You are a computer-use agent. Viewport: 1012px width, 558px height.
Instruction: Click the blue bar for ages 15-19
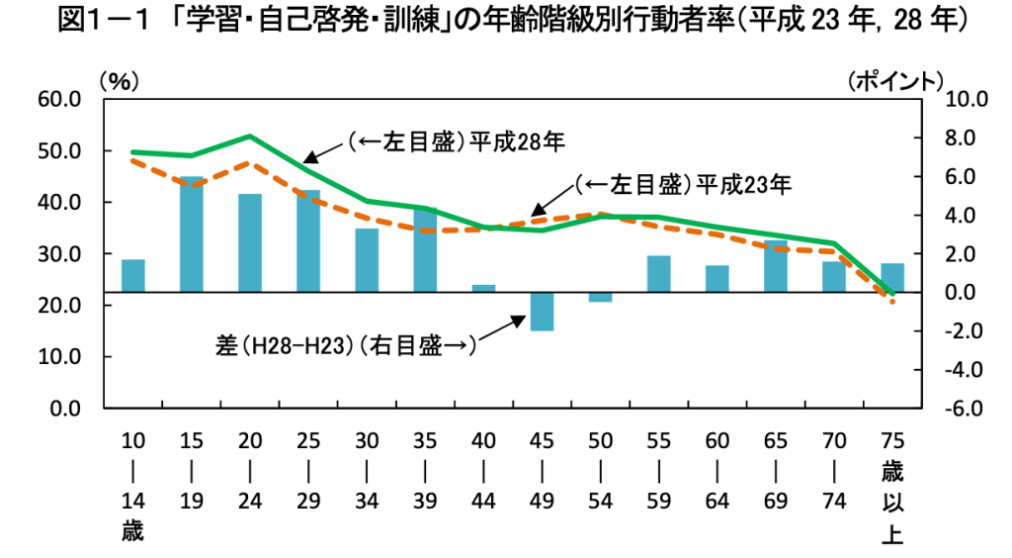(192, 234)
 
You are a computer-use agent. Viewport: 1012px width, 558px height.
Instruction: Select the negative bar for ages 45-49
(542, 312)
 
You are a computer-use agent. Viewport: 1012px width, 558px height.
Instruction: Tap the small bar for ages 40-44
(483, 289)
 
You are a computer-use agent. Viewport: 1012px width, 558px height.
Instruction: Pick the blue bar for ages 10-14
(133, 276)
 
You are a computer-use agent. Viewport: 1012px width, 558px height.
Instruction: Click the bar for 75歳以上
(892, 278)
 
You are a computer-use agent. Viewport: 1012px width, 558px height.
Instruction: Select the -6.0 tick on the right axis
(966, 409)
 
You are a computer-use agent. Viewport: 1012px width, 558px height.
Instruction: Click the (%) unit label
(116, 81)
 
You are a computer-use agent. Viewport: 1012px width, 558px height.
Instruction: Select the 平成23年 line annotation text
(682, 184)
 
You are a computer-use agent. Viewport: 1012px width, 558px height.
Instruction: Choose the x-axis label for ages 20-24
(250, 471)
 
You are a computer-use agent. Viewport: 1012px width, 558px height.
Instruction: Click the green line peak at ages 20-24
(250, 137)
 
